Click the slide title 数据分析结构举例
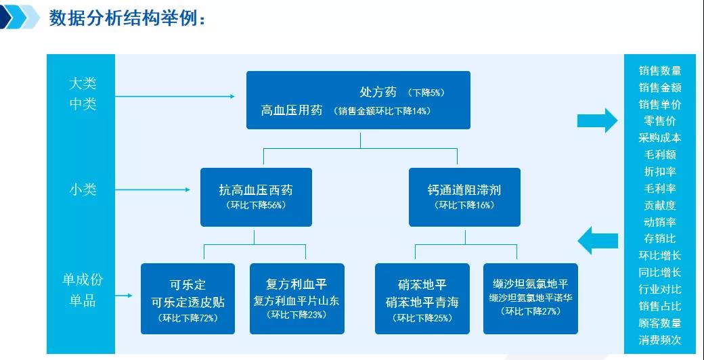[127, 18]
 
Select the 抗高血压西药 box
[256, 196]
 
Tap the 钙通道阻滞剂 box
[464, 196]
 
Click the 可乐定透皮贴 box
[188, 298]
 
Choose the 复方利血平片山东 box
[296, 298]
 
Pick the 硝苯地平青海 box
[422, 298]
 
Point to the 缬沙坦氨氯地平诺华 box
[530, 298]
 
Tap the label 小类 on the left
[83, 189]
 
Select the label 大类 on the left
[83, 83]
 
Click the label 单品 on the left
[83, 300]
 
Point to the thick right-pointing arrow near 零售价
[596, 120]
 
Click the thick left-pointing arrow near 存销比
[598, 239]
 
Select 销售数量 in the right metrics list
[659, 70]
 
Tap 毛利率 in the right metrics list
[659, 188]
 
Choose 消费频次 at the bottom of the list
[659, 340]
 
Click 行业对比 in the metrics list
[659, 289]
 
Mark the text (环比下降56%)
[256, 205]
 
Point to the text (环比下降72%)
[188, 317]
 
